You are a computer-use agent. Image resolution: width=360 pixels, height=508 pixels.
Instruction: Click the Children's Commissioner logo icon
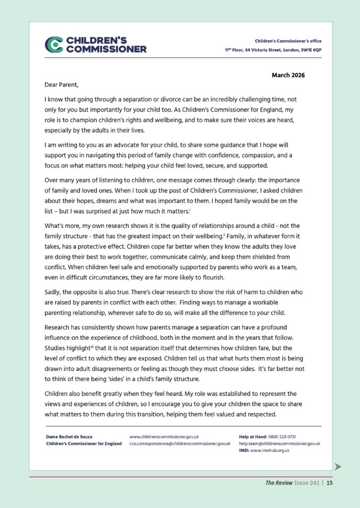click(54, 45)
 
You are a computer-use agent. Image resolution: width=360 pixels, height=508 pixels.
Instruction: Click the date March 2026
click(288, 75)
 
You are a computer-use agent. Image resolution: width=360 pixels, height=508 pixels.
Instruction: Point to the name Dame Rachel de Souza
click(69, 437)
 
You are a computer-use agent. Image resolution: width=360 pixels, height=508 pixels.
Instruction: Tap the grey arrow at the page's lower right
click(338, 466)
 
